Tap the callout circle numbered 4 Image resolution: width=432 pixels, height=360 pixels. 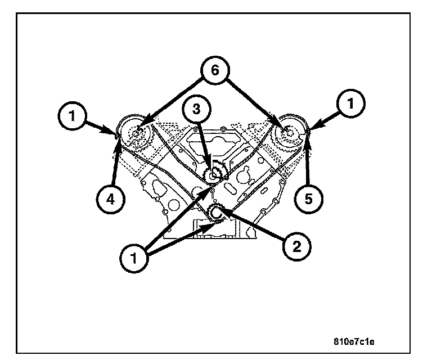109,199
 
